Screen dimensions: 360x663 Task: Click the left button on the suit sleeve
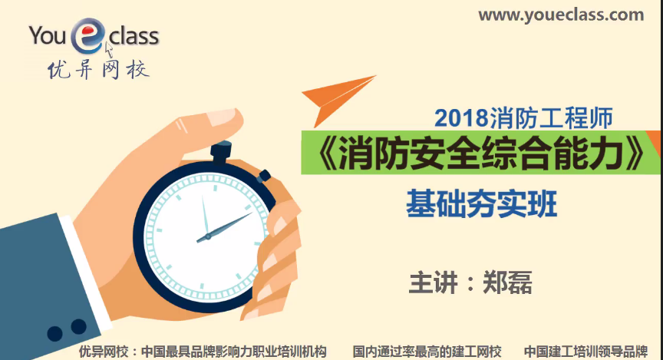(x=55, y=332)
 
